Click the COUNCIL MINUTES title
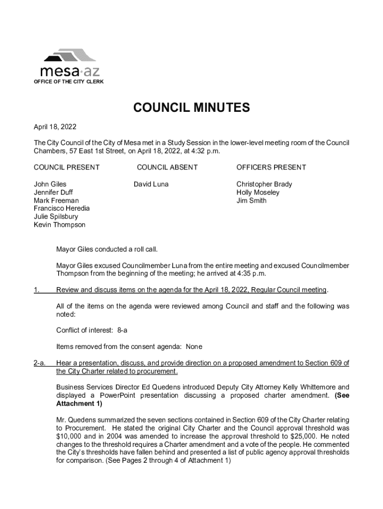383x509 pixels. (x=191, y=108)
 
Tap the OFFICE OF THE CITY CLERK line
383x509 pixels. (x=69, y=82)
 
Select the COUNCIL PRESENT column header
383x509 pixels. (x=67, y=168)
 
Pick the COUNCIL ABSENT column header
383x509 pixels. (x=167, y=168)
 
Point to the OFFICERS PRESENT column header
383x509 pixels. (x=271, y=168)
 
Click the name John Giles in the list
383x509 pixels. (x=50, y=184)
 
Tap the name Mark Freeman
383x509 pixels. (x=56, y=201)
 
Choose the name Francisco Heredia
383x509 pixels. (x=62, y=209)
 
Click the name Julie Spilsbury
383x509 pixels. (x=56, y=217)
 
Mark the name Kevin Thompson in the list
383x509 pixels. (x=60, y=225)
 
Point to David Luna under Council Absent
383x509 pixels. (x=151, y=184)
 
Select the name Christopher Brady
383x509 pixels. (x=264, y=184)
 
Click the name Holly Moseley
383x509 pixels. (x=258, y=192)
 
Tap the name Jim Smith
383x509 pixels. (x=251, y=201)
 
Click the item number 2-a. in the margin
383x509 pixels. (x=40, y=363)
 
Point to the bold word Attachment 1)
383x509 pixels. (x=79, y=404)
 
